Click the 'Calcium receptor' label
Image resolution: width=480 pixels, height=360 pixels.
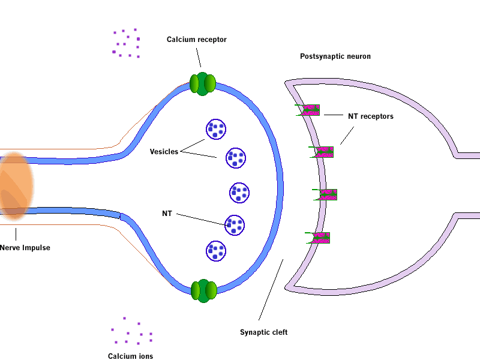(x=197, y=40)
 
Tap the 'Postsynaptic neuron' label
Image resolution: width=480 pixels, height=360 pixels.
(x=335, y=56)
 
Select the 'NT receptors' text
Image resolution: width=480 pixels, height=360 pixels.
(x=371, y=116)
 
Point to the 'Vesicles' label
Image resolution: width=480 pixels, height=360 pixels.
(x=164, y=152)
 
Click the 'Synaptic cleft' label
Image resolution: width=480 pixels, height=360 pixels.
(x=264, y=332)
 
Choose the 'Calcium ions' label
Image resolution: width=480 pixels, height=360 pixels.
(x=130, y=356)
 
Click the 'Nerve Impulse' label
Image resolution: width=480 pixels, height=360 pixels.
(x=25, y=248)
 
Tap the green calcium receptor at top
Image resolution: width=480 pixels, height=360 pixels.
(x=202, y=84)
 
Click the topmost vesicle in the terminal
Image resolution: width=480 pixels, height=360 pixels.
(x=216, y=129)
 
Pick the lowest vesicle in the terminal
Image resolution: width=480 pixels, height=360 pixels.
(x=216, y=251)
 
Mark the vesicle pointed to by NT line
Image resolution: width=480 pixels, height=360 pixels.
(x=235, y=225)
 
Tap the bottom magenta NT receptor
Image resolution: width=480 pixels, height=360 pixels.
(x=320, y=238)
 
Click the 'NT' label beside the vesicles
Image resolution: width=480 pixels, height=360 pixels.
(x=167, y=214)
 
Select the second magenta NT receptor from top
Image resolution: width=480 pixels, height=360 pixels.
(x=323, y=152)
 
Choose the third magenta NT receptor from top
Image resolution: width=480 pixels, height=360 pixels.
(x=327, y=194)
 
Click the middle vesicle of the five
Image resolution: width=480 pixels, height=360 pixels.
(x=239, y=193)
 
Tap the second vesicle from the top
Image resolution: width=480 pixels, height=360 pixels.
(x=236, y=158)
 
